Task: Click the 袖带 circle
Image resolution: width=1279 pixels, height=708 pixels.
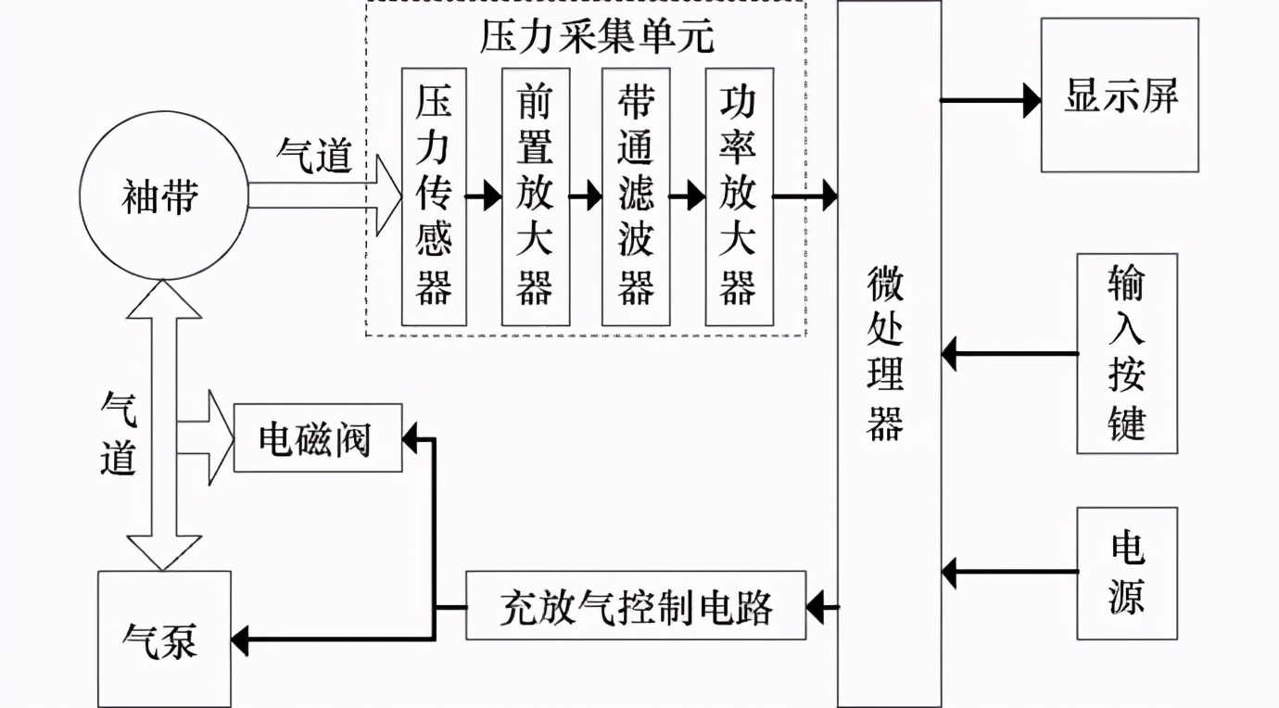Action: (x=163, y=196)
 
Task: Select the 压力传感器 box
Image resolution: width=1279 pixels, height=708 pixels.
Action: (x=434, y=196)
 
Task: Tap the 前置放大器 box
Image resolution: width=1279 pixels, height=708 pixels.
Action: (x=535, y=196)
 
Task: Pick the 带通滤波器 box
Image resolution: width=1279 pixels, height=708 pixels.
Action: (x=635, y=196)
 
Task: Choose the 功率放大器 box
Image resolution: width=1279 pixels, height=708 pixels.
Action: (x=739, y=196)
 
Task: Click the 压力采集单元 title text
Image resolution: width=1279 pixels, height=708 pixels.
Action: (x=597, y=37)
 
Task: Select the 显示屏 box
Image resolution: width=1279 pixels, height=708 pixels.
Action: (x=1120, y=95)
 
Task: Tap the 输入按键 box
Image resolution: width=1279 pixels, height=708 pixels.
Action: (x=1126, y=353)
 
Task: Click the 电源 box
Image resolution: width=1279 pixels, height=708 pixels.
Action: (x=1126, y=573)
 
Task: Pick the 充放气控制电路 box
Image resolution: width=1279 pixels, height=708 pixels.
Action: (x=636, y=606)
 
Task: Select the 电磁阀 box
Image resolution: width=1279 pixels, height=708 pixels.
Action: (x=317, y=437)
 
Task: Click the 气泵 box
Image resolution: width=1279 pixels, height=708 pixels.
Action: (x=163, y=639)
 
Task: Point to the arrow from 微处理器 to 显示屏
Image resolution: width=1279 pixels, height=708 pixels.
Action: (x=990, y=99)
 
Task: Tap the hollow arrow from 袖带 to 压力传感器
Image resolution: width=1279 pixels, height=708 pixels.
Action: (x=324, y=196)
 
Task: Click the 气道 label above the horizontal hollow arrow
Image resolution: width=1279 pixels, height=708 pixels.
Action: (x=314, y=155)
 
